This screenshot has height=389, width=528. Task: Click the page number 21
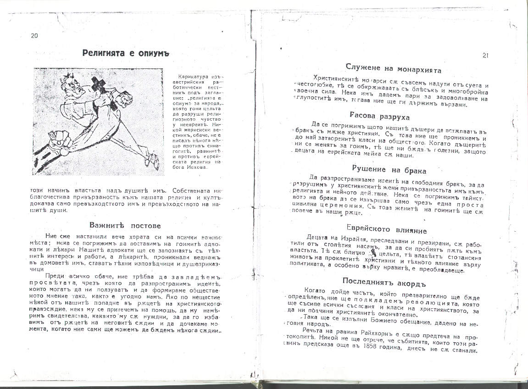point(485,56)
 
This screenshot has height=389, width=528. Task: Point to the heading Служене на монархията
point(394,70)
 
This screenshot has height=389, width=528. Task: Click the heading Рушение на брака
point(383,170)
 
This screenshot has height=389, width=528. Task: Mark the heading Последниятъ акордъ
point(385,281)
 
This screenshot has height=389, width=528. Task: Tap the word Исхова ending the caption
point(198,167)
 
